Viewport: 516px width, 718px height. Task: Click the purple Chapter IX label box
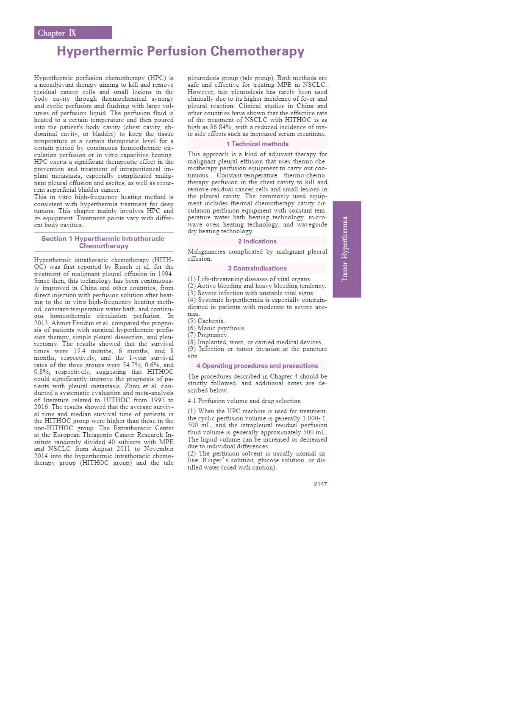73,33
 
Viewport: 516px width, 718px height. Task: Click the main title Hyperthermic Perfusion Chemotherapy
180,51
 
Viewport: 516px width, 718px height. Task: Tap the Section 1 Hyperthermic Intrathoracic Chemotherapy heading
103,242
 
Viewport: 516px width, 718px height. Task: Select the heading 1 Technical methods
257,144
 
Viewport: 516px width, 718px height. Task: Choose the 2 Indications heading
257,241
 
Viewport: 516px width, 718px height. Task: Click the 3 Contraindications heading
257,268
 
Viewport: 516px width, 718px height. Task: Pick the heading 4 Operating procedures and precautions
257,366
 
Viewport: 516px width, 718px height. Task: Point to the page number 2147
320,484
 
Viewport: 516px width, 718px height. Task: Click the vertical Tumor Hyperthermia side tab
347,249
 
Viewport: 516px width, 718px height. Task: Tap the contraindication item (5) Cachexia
207,321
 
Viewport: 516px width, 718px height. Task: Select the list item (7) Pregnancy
208,335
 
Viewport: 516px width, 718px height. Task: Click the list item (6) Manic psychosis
217,328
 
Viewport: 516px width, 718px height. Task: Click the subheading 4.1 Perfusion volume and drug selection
244,401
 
